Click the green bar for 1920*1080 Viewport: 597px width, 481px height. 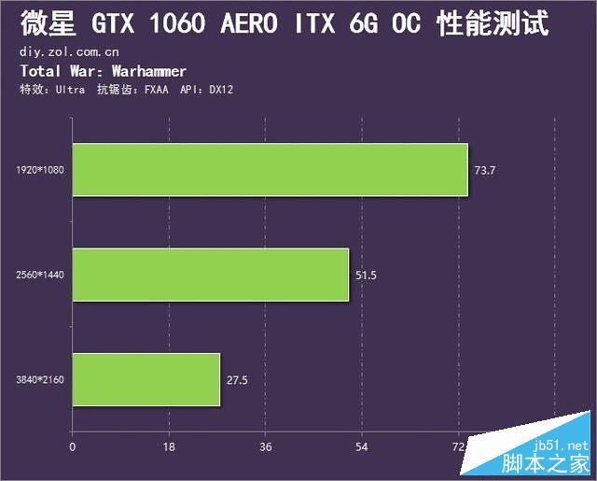pyautogui.click(x=270, y=170)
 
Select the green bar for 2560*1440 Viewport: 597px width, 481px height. pyautogui.click(x=210, y=275)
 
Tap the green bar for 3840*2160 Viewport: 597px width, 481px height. pyautogui.click(x=146, y=379)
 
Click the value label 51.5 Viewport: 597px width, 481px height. pyautogui.click(x=366, y=276)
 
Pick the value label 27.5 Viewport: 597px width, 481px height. pyautogui.click(x=237, y=380)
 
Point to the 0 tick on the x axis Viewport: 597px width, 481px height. pyautogui.click(x=72, y=446)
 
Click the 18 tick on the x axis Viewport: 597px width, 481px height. pyautogui.click(x=169, y=446)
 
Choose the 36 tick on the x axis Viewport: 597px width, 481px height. pyautogui.click(x=266, y=446)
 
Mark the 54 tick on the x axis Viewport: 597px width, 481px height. pyautogui.click(x=362, y=446)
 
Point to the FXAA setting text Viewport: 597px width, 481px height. pyautogui.click(x=154, y=90)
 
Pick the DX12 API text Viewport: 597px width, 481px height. pyautogui.click(x=220, y=90)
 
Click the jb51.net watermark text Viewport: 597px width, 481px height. pyautogui.click(x=560, y=446)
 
